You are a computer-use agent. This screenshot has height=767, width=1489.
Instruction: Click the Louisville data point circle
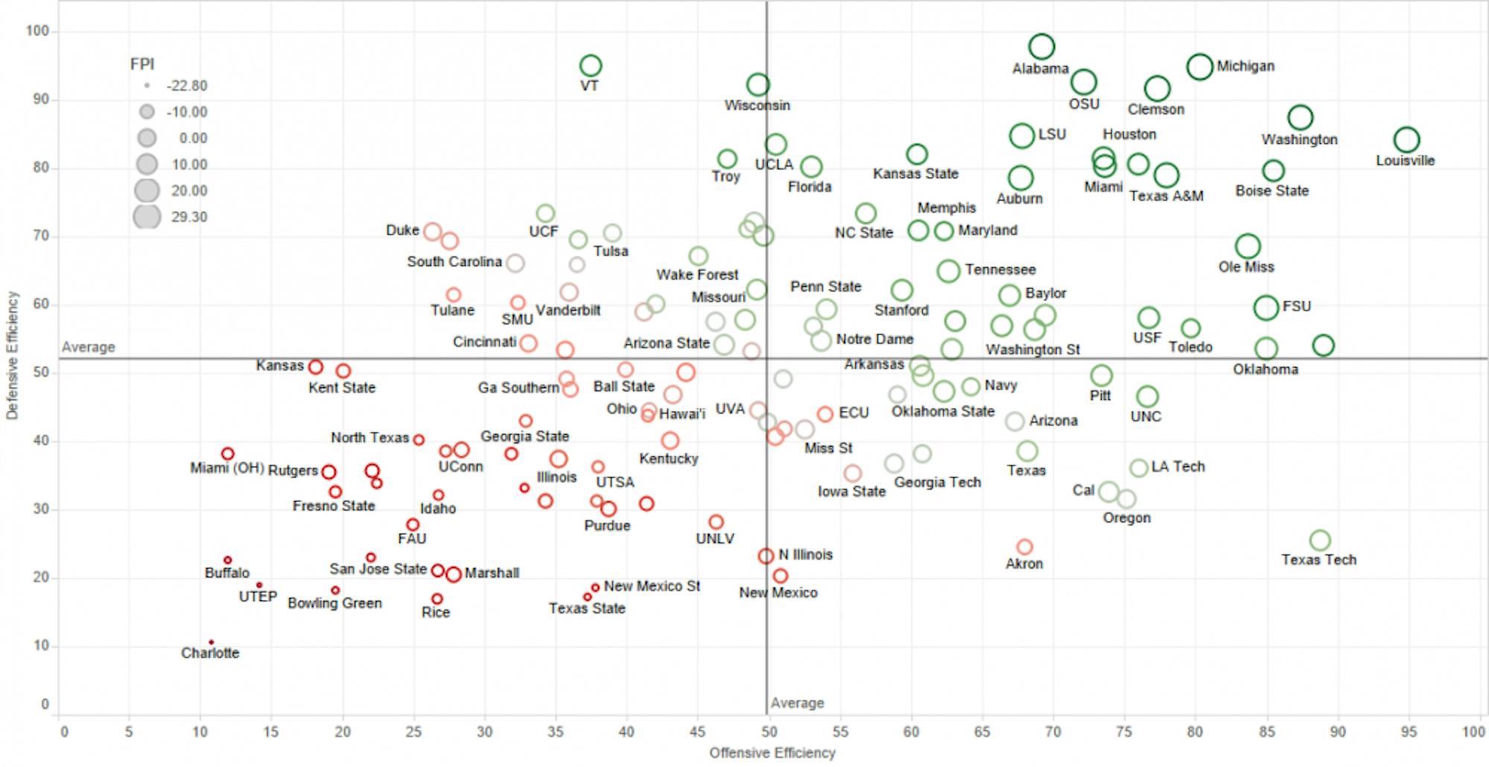click(1406, 140)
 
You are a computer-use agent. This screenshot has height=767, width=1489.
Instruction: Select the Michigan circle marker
click(1199, 66)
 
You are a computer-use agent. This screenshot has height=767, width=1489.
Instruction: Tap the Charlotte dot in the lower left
click(211, 642)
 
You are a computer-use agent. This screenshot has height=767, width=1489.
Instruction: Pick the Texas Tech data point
click(1320, 541)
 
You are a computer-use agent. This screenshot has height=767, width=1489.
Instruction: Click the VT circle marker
click(590, 66)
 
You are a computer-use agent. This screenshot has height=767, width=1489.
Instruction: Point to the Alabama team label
click(1040, 69)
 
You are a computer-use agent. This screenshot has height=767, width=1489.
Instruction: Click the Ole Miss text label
click(1246, 267)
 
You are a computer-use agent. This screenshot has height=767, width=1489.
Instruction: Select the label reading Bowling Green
click(334, 602)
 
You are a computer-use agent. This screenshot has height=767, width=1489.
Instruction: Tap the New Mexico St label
click(651, 586)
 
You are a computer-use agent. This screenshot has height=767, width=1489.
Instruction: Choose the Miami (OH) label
click(227, 468)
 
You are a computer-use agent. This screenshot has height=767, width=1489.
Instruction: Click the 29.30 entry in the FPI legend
click(189, 217)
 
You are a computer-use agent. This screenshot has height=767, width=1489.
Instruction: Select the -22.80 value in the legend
click(187, 86)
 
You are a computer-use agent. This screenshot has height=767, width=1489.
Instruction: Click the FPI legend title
click(142, 64)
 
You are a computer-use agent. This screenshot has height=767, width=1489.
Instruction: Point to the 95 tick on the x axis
click(1409, 732)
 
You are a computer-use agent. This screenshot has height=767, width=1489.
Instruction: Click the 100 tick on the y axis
click(37, 31)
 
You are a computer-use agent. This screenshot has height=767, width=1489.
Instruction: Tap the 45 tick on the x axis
click(697, 732)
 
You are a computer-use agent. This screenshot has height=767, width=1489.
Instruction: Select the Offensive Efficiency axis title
click(772, 753)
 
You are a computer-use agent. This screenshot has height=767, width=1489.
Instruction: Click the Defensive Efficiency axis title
click(12, 355)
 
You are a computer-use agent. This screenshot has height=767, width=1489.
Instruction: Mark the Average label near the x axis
click(797, 703)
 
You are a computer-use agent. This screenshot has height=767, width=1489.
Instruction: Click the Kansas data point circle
click(316, 367)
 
